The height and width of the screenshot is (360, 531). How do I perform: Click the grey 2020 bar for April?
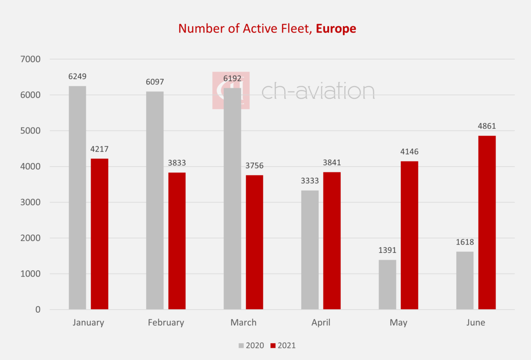310,250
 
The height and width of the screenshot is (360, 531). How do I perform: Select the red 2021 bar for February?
177,241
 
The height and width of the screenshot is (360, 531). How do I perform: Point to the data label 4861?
487,126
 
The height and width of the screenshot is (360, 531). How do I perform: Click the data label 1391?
387,250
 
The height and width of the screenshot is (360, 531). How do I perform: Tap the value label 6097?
155,82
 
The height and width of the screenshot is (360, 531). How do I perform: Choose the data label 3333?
310,181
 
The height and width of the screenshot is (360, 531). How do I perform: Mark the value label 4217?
100,149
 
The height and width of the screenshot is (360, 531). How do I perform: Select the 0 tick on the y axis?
38,310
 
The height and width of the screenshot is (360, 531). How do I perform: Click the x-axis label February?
166,322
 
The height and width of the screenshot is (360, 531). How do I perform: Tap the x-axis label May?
398,322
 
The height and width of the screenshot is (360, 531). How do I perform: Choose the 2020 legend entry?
251,345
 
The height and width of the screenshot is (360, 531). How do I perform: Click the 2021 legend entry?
283,345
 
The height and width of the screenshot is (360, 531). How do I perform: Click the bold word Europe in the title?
336,29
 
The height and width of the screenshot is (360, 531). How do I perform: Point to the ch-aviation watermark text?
318,91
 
